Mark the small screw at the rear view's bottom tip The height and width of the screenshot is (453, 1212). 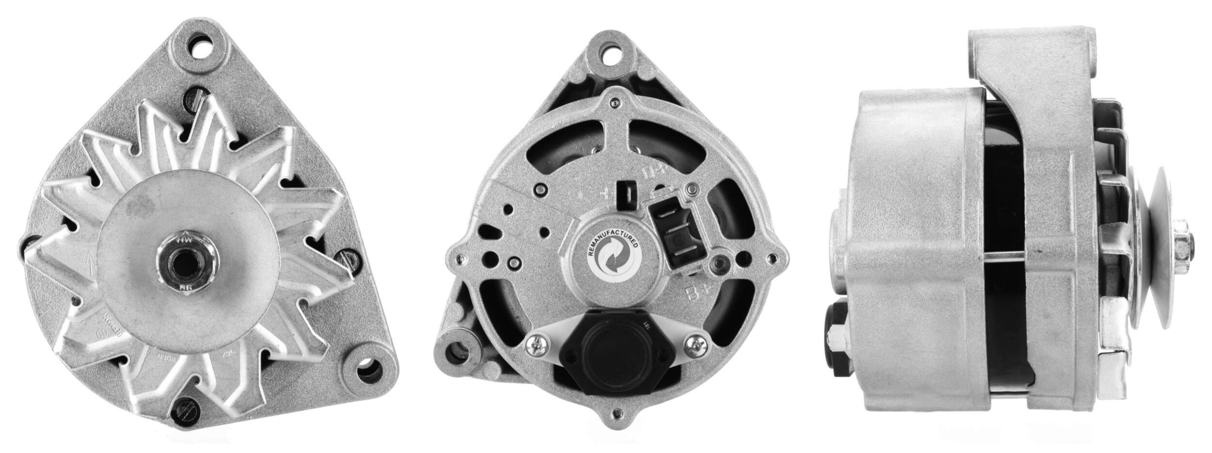tap(617, 413)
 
